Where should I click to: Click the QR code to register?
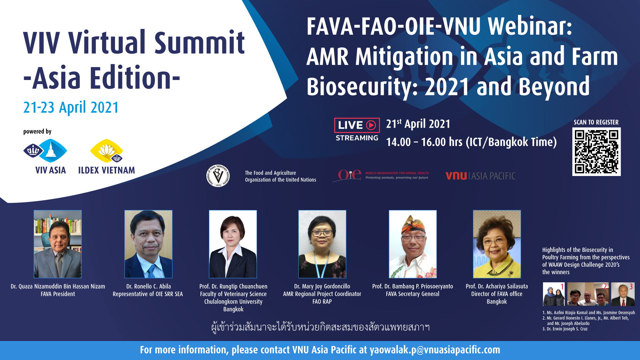coord(596,152)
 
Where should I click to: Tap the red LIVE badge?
coord(357,125)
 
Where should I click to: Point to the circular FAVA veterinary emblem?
coord(218,176)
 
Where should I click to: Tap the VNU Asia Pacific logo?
coord(480,176)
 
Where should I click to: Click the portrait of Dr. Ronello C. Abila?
coord(148,244)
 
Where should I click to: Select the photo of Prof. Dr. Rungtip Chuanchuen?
coord(233,244)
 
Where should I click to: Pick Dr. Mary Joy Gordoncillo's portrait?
coord(322,244)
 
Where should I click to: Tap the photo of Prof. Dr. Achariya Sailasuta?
coord(497,244)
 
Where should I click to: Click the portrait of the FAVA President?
coord(58,244)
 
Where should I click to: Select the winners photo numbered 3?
coord(623,294)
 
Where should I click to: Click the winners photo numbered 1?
coord(554,294)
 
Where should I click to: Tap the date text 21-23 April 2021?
coord(71,107)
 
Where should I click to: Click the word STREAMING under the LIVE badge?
coord(357,138)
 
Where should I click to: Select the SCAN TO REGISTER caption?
coord(596,122)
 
